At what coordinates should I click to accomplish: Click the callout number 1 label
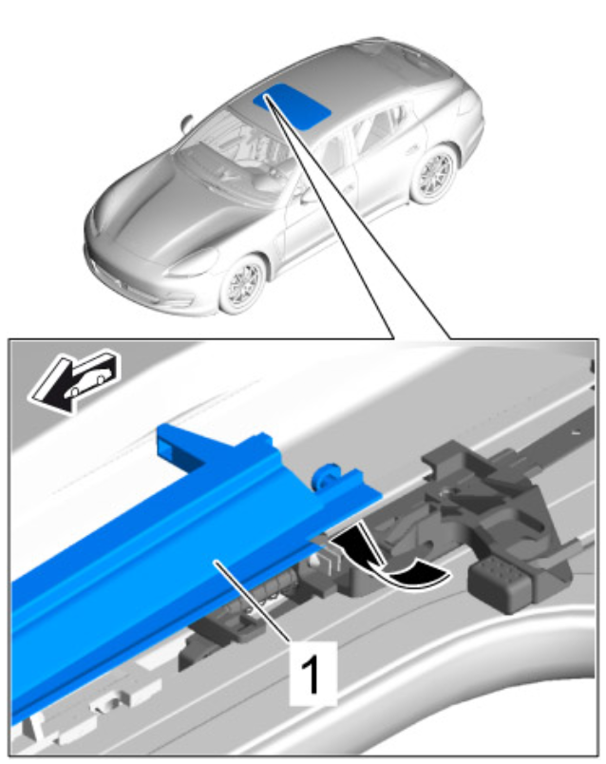click(x=312, y=674)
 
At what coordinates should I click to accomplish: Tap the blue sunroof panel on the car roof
click(x=293, y=105)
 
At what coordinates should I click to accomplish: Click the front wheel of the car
click(x=242, y=284)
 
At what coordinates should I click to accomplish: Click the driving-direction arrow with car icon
click(x=74, y=381)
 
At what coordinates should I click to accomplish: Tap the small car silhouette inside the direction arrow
click(x=91, y=381)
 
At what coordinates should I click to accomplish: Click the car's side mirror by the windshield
click(x=186, y=123)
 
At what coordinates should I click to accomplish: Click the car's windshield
click(x=229, y=146)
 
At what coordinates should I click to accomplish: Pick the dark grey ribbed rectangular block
click(x=500, y=583)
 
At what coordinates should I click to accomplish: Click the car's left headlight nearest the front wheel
click(x=194, y=263)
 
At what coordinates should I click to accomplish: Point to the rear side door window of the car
click(x=377, y=125)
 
